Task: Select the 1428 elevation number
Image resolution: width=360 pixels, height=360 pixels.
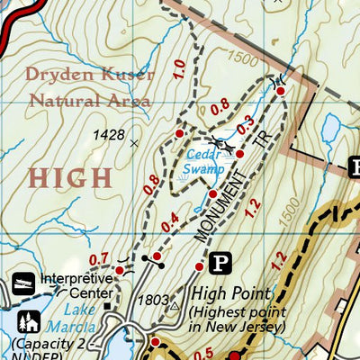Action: [109, 135]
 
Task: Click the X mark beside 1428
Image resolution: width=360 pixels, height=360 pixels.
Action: [136, 142]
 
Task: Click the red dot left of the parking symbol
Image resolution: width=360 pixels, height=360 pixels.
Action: [199, 266]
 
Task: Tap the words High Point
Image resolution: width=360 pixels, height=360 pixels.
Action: [230, 293]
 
